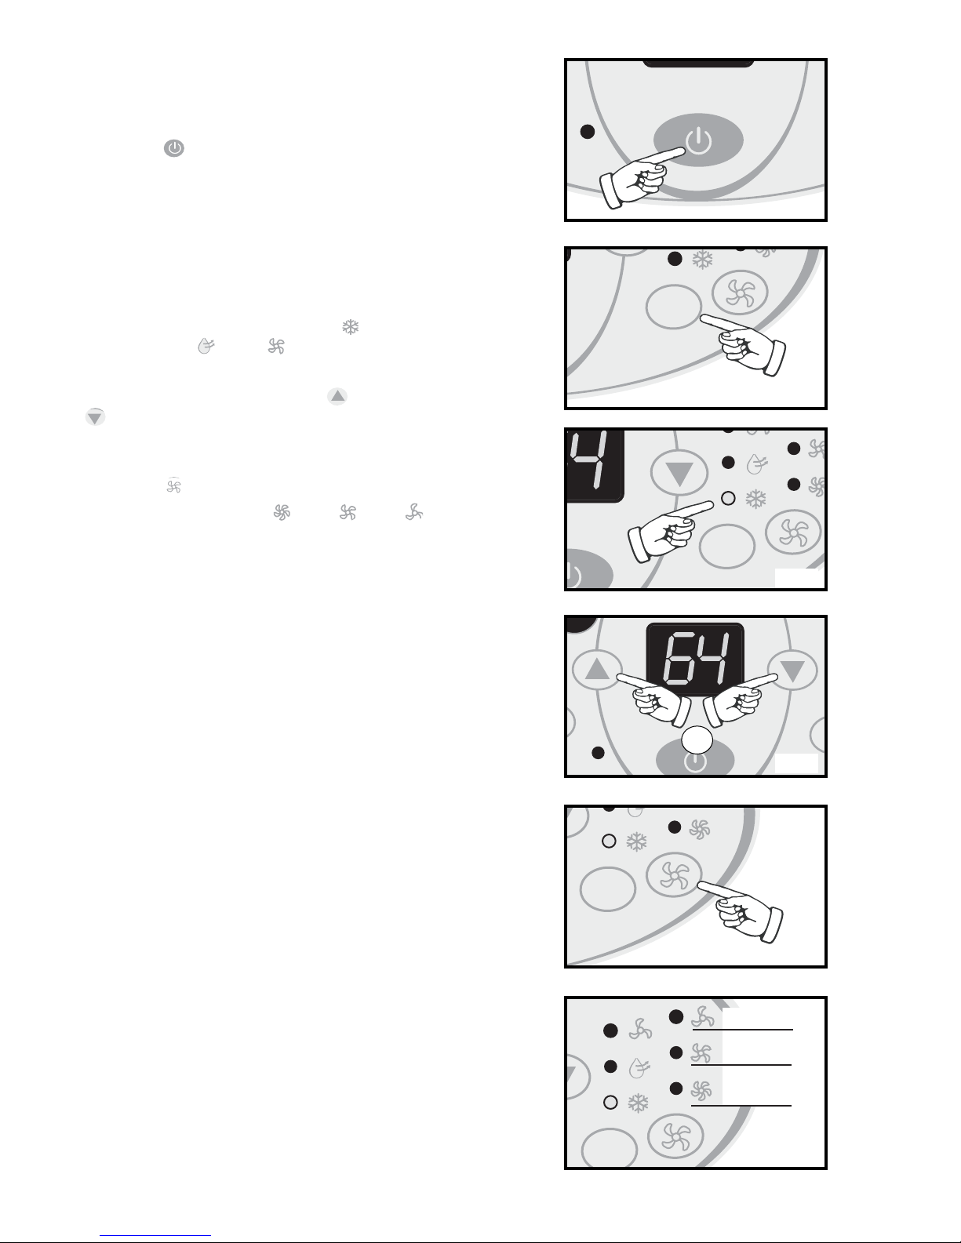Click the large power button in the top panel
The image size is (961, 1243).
click(698, 140)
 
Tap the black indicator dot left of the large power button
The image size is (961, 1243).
click(588, 132)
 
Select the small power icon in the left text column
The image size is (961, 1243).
click(174, 148)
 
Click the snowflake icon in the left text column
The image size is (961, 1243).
click(350, 327)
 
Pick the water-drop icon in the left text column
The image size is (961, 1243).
click(206, 346)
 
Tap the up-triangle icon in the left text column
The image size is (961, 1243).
click(337, 396)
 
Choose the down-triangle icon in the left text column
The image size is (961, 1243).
click(95, 417)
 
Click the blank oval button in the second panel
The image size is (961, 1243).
click(674, 307)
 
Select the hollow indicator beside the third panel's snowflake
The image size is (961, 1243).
click(728, 498)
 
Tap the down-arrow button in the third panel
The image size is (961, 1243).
click(679, 474)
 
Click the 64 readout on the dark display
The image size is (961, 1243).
click(695, 659)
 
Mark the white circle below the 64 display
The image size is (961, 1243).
click(697, 741)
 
